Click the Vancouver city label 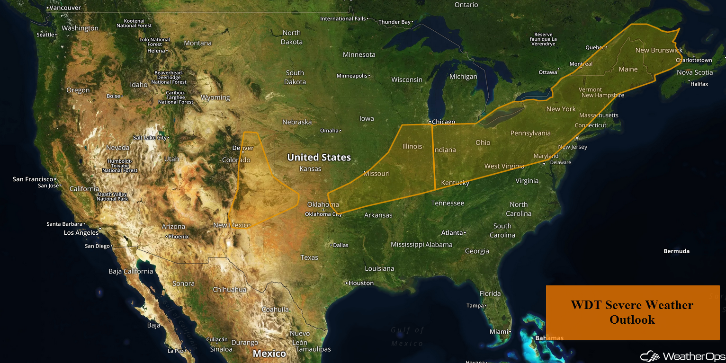pos(65,8)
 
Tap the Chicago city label pos(443,122)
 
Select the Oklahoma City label pos(323,214)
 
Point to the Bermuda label pos(676,251)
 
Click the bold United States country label pos(319,157)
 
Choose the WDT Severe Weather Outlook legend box pos(632,312)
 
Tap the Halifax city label pos(699,84)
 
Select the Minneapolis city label pos(352,76)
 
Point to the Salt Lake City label pos(150,138)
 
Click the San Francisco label pos(33,179)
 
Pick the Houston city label pos(361,283)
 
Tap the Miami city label pos(499,332)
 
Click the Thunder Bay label pos(394,22)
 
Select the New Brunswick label pos(659,50)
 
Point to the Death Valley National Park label pos(113,196)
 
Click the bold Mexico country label pos(269,354)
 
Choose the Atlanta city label pos(452,232)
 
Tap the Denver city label pos(243,148)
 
